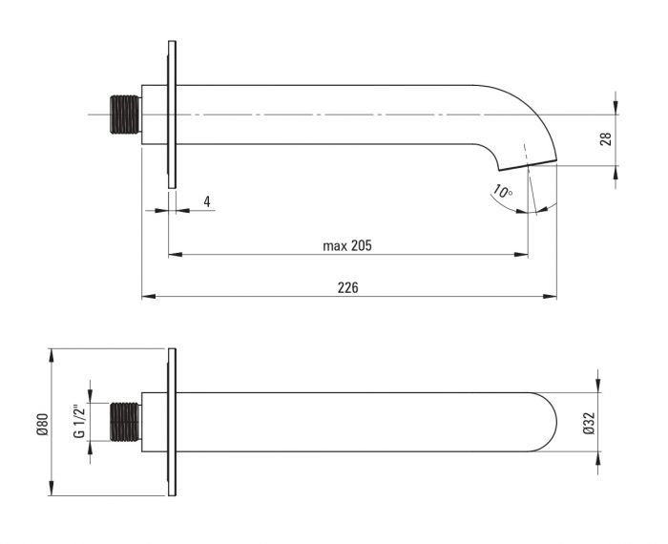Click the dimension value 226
pyautogui.click(x=347, y=287)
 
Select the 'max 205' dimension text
pyautogui.click(x=347, y=245)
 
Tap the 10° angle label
pyautogui.click(x=503, y=192)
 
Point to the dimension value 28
pyautogui.click(x=606, y=139)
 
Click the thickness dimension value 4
pyautogui.click(x=207, y=201)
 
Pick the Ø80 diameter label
pyautogui.click(x=43, y=425)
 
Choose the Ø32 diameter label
pyautogui.click(x=589, y=424)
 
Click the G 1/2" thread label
pyautogui.click(x=79, y=421)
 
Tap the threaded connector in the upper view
pyautogui.click(x=125, y=115)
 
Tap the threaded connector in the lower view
pyautogui.click(x=125, y=422)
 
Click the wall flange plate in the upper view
pyautogui.click(x=172, y=115)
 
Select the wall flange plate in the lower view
pyautogui.click(x=172, y=422)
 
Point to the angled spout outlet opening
pyautogui.click(x=528, y=165)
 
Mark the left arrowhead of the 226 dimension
pyautogui.click(x=148, y=297)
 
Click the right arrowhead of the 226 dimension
pyautogui.click(x=550, y=297)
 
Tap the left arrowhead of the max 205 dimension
pyautogui.click(x=175, y=254)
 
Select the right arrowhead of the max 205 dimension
pyautogui.click(x=521, y=254)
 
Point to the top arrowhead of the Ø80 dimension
pyautogui.click(x=52, y=355)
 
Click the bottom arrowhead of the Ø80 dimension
pyautogui.click(x=52, y=489)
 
